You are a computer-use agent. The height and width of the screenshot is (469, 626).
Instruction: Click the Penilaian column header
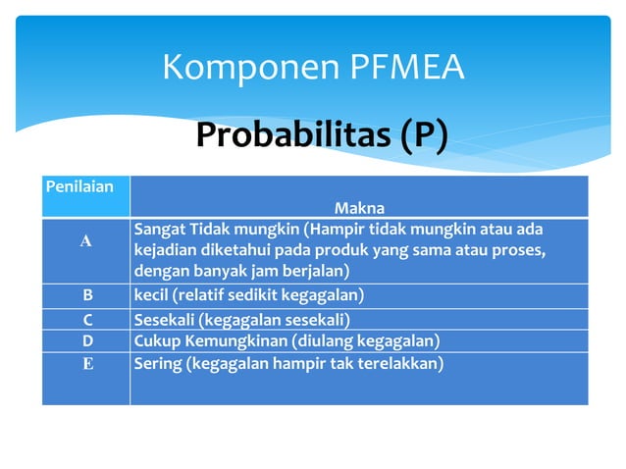point(78,184)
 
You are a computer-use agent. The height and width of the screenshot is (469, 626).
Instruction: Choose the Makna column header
point(359,207)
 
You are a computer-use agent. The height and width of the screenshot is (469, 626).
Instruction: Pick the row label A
point(85,241)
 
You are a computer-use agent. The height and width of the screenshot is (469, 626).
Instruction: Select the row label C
point(85,320)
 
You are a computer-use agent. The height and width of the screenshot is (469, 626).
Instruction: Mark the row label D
point(85,340)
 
